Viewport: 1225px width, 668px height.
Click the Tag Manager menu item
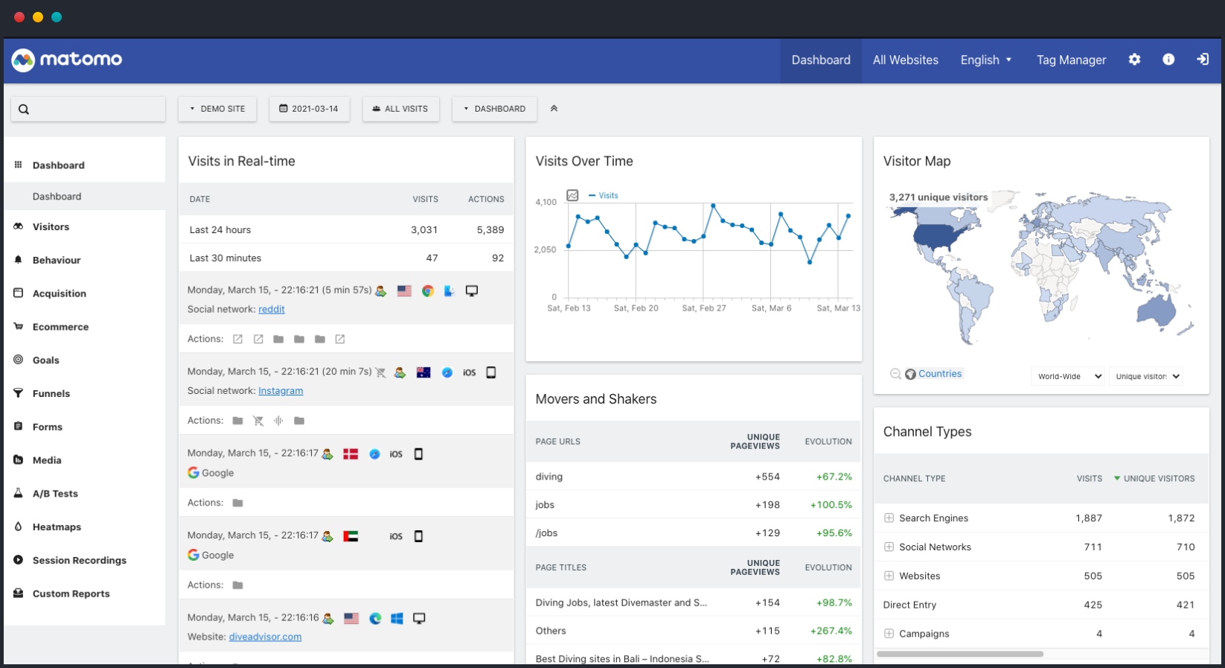pos(1071,60)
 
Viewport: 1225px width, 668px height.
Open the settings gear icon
pos(1134,60)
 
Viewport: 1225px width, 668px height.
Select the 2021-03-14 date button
pos(309,109)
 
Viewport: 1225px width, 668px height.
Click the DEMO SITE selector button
pos(217,109)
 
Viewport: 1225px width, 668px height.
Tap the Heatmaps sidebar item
pos(57,527)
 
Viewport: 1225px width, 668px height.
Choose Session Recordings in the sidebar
pos(79,561)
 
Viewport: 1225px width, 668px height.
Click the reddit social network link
pos(272,309)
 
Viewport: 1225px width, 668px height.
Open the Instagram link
pos(281,391)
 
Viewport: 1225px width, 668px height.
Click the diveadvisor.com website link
pos(265,637)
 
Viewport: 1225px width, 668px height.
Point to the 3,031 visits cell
pos(424,230)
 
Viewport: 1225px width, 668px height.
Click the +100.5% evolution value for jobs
pos(831,505)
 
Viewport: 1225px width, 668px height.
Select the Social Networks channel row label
pos(935,547)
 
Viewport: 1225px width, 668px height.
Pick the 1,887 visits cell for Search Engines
pos(1088,518)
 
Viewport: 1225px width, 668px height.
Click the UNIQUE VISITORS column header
pos(1159,479)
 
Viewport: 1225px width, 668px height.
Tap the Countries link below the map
pos(940,374)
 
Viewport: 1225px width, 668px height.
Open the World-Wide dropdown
pos(1069,377)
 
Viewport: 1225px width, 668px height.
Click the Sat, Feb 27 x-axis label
pos(703,308)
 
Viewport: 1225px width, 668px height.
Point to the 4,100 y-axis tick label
pos(546,203)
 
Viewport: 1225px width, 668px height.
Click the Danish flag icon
pos(351,454)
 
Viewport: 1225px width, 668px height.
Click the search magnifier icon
pos(24,109)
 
